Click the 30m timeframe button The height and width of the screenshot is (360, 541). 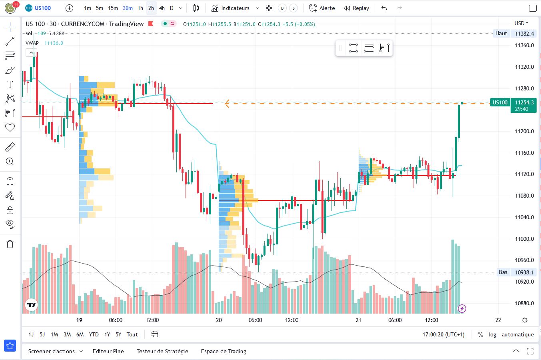pyautogui.click(x=128, y=8)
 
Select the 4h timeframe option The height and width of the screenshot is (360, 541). pyautogui.click(x=162, y=8)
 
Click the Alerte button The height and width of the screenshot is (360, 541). pyautogui.click(x=322, y=8)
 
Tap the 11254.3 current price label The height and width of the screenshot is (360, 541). pyautogui.click(x=524, y=102)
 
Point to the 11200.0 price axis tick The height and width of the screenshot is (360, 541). pyautogui.click(x=525, y=131)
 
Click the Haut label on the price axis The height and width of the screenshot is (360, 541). pyautogui.click(x=501, y=34)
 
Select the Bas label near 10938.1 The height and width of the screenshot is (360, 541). pyautogui.click(x=503, y=272)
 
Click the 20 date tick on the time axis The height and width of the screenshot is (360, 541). pyautogui.click(x=219, y=320)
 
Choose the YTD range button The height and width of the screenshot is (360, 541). pyautogui.click(x=94, y=334)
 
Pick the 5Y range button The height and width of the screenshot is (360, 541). pyautogui.click(x=118, y=334)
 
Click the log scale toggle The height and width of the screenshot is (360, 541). pyautogui.click(x=492, y=334)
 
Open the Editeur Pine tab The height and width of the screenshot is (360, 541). pyautogui.click(x=108, y=351)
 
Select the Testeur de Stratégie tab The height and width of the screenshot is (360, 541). pyautogui.click(x=162, y=351)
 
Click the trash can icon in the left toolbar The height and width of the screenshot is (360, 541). pyautogui.click(x=10, y=244)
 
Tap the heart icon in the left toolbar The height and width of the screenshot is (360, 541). pyautogui.click(x=10, y=128)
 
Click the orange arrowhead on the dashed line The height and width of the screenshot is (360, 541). pyautogui.click(x=227, y=104)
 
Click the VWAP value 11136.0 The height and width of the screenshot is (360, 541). pyautogui.click(x=54, y=43)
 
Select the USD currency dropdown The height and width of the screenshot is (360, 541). pyautogui.click(x=521, y=23)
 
